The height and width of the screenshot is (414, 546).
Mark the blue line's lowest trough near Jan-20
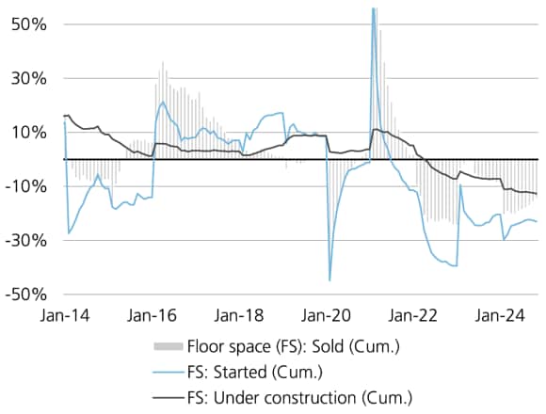pos(329,279)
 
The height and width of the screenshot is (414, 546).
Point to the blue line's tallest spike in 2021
pos(374,9)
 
